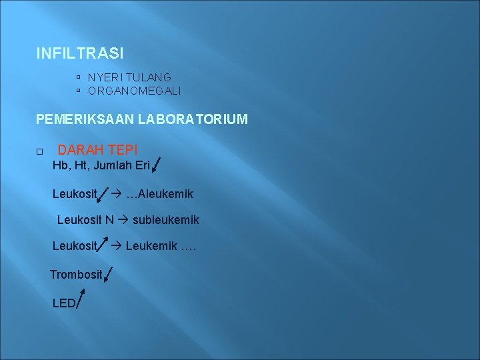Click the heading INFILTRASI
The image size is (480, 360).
(80, 53)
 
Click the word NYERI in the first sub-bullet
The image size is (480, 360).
(102, 77)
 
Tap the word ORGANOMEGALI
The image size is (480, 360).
(134, 91)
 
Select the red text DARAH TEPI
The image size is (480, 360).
(98, 151)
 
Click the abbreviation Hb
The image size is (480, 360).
(60, 165)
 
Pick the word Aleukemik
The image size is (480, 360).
(165, 194)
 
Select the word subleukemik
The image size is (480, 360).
(166, 219)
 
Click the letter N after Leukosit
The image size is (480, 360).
(109, 219)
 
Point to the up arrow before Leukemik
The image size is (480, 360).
(103, 246)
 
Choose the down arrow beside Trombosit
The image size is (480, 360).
(109, 274)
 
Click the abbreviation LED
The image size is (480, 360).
(64, 303)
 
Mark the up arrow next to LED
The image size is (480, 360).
(81, 301)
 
